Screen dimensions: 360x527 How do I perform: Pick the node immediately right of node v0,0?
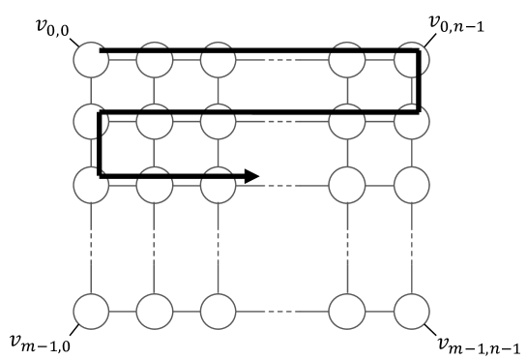pyautogui.click(x=155, y=60)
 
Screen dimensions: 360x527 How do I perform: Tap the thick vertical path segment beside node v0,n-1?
pyautogui.click(x=420, y=81)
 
